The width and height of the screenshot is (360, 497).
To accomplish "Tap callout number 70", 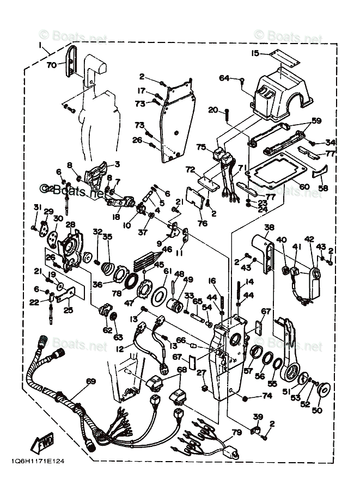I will (52, 65).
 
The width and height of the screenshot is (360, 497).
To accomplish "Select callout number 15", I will (255, 53).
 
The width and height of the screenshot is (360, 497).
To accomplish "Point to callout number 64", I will (225, 78).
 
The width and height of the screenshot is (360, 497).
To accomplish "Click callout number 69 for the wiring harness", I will (90, 381).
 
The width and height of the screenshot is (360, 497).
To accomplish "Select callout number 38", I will (269, 228).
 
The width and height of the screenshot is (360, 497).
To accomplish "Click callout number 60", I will (304, 187).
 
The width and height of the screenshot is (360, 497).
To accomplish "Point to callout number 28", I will (70, 224).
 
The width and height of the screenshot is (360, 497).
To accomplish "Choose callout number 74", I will (266, 396).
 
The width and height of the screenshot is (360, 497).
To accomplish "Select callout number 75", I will (201, 147).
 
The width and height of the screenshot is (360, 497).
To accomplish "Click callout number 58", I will (324, 188).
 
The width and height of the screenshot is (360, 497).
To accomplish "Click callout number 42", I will (309, 239).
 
